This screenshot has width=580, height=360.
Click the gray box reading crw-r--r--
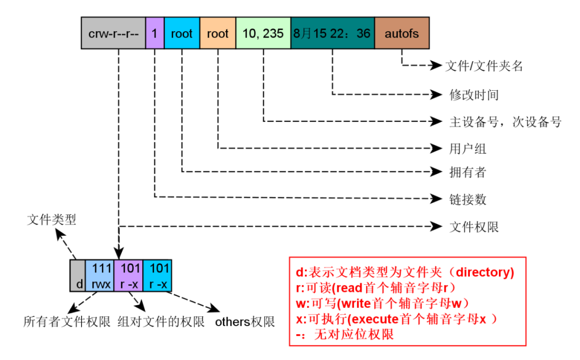113,33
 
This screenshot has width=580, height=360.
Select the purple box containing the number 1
155,33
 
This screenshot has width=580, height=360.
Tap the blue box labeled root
182,33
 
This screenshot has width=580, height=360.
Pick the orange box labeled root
218,33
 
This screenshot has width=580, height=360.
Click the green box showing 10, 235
263,33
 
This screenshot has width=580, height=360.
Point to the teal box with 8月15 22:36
332,33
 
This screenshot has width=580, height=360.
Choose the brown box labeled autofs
402,33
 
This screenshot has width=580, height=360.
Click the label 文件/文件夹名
484,67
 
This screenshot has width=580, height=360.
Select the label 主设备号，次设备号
505,122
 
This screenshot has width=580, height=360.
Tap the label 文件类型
52,220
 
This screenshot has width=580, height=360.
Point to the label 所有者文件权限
67,322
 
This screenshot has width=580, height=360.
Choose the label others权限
245,322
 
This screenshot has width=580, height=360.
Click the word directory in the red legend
482,272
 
